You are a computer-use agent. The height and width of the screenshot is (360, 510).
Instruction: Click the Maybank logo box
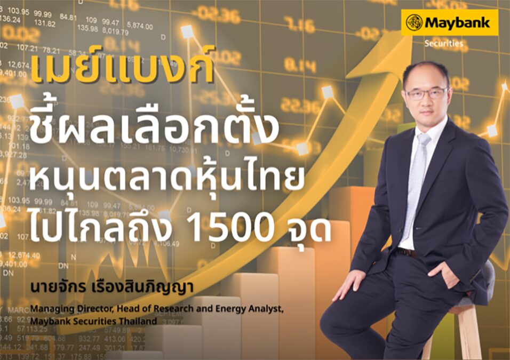[x=449, y=22]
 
